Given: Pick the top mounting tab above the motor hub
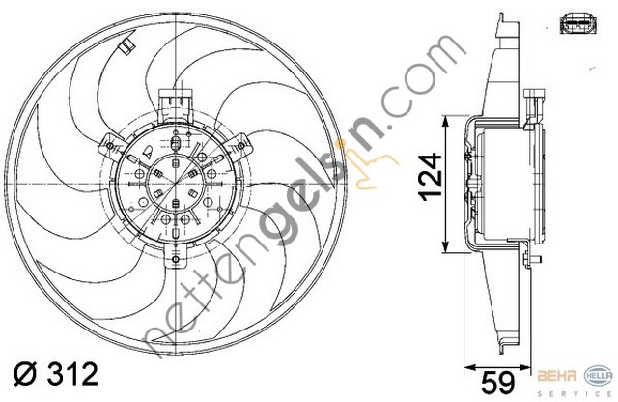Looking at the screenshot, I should point(173,100).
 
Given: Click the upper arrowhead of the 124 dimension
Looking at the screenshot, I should point(444,123).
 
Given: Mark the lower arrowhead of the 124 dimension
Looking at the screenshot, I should point(444,245).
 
